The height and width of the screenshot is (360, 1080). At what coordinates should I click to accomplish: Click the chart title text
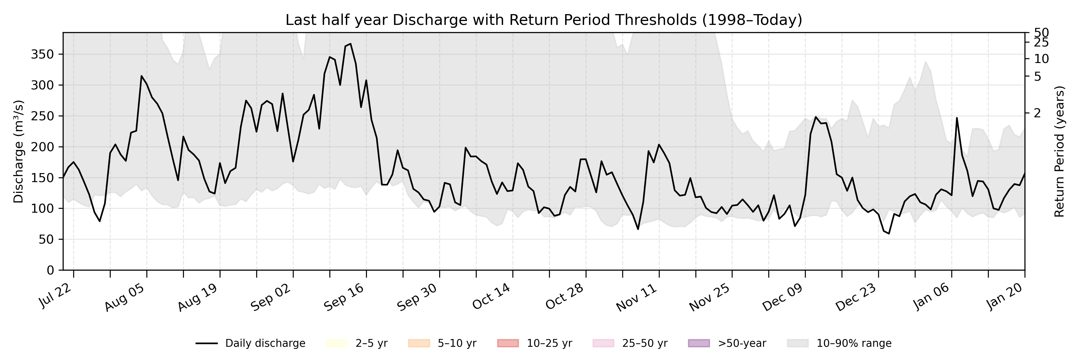click(543, 20)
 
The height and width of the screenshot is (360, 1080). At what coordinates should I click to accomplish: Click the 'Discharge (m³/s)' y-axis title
click(18, 151)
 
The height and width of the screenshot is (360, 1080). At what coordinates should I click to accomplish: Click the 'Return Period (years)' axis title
click(1060, 151)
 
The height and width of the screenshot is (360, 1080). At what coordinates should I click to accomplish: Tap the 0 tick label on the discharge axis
click(50, 270)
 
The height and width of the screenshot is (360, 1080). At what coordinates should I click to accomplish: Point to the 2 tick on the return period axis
click(1037, 113)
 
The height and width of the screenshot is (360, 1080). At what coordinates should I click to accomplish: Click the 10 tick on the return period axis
click(1041, 59)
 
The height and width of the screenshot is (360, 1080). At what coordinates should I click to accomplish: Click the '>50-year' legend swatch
click(699, 343)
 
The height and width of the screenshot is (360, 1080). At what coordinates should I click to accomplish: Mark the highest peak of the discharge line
click(350, 43)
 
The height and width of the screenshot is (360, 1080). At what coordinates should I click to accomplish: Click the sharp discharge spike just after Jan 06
click(957, 118)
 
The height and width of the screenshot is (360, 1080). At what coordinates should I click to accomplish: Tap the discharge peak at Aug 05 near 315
click(142, 76)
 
